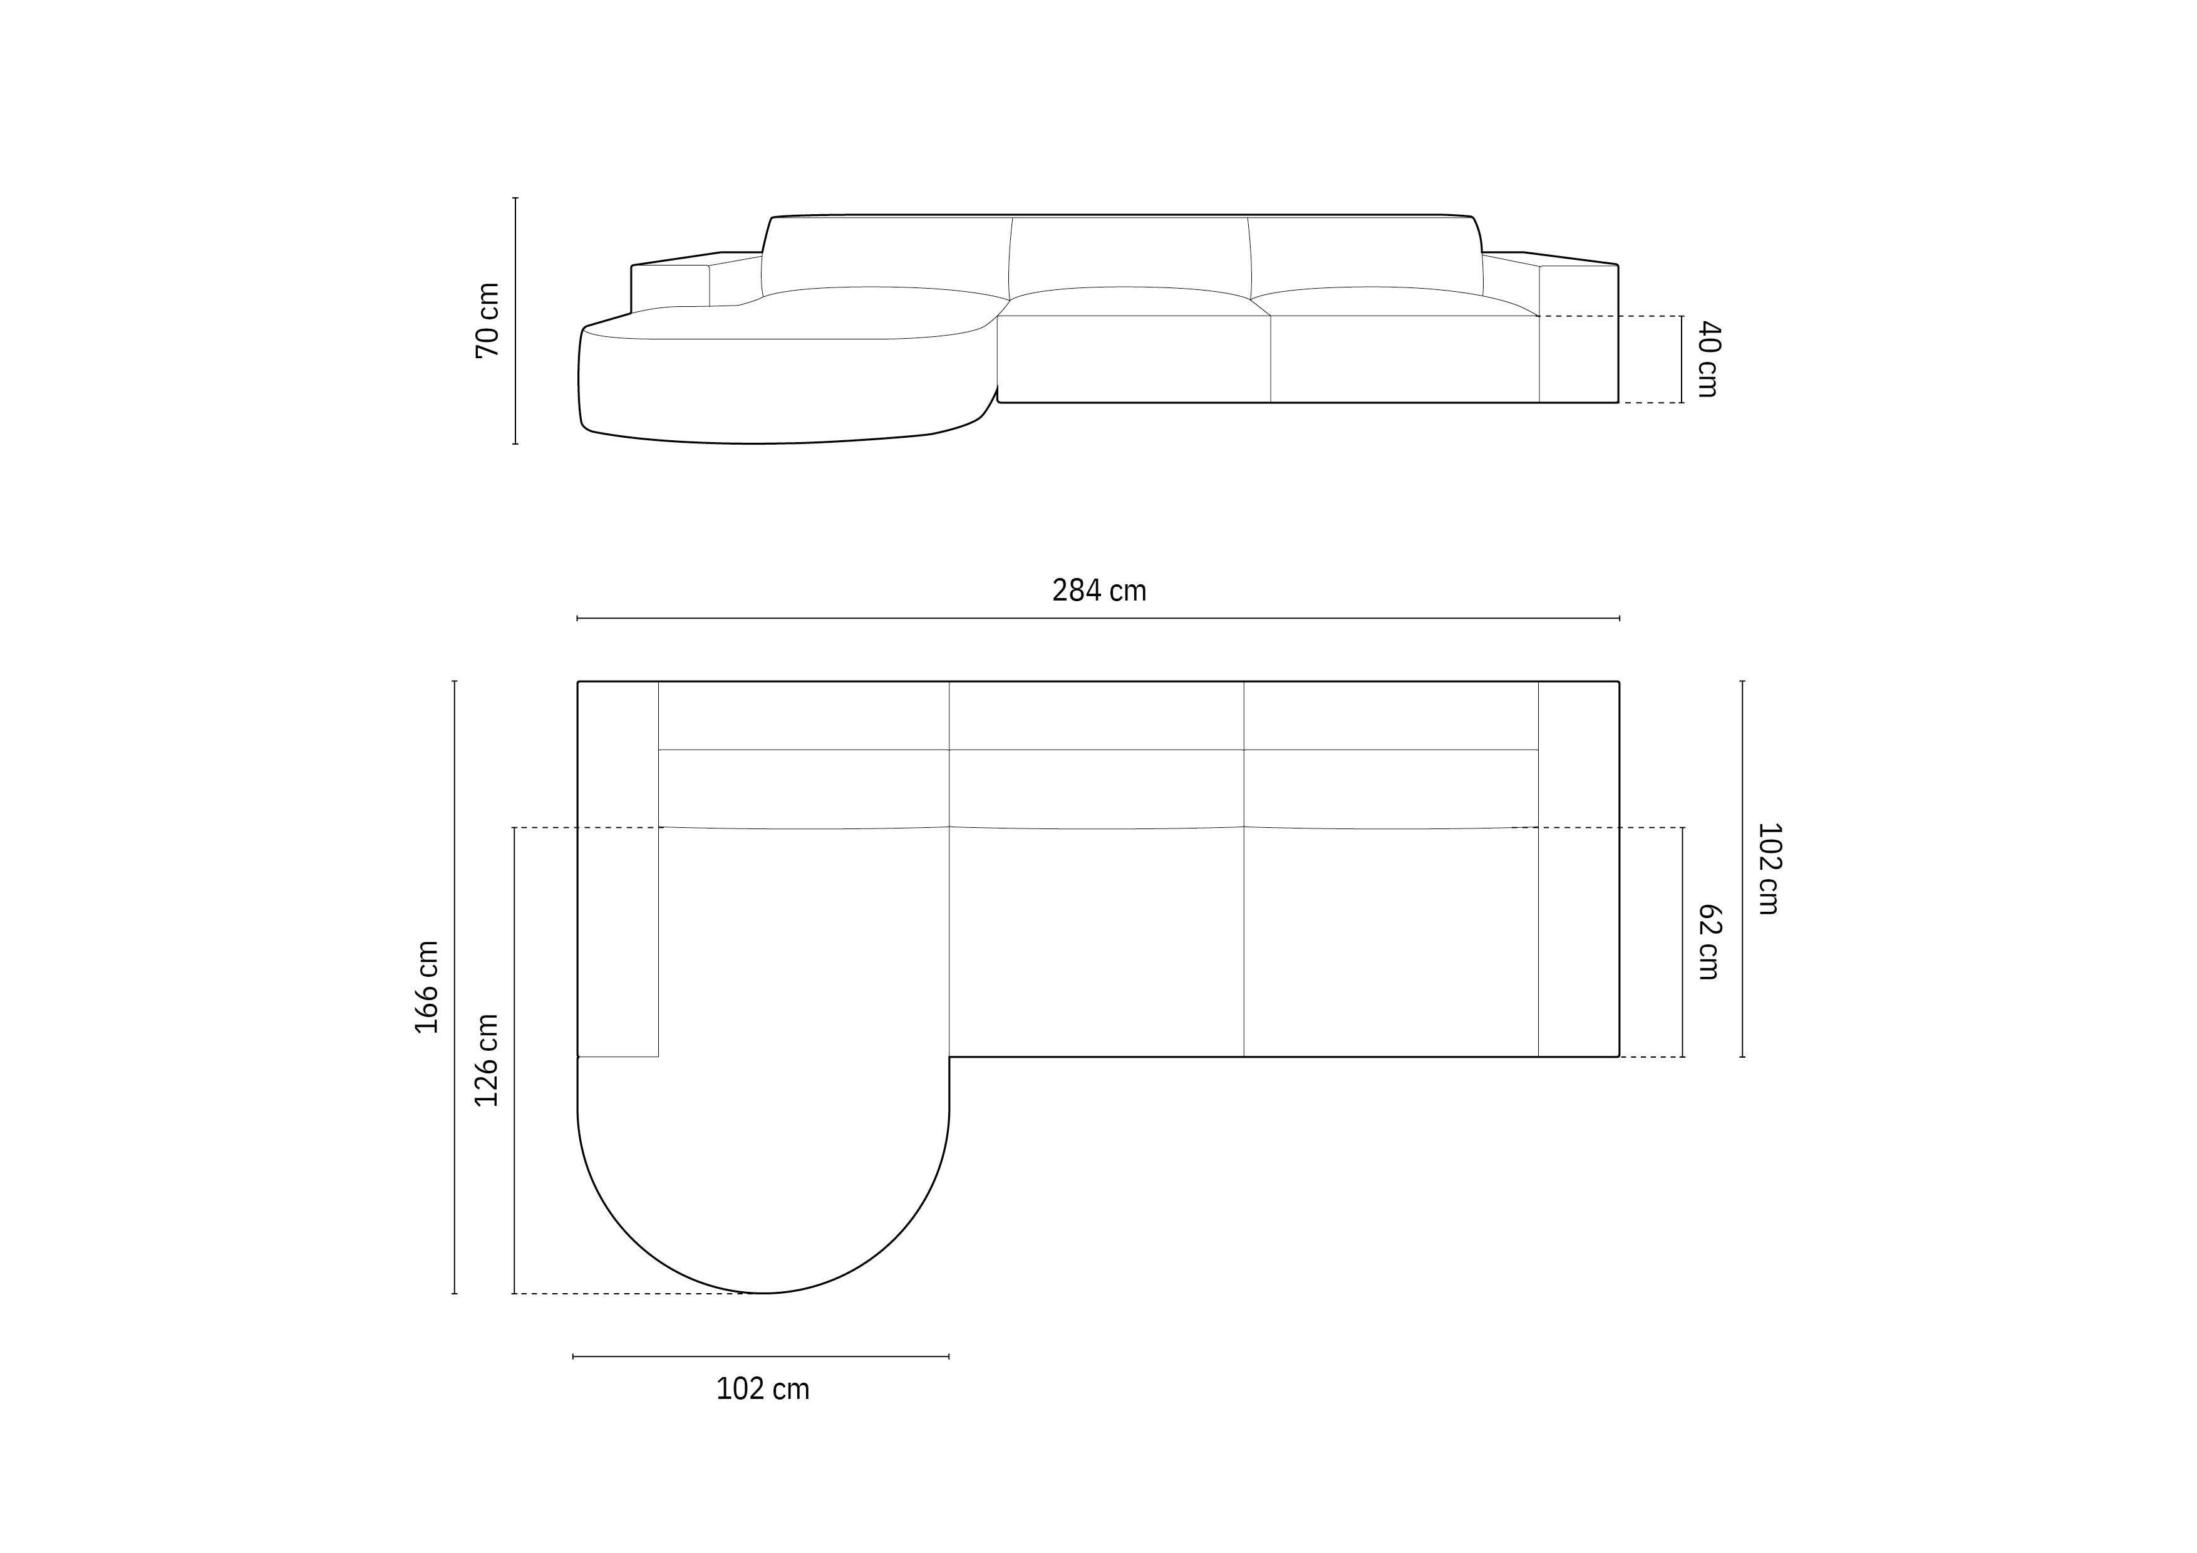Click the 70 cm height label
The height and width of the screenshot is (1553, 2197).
coord(487,321)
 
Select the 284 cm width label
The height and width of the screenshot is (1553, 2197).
coord(1098,591)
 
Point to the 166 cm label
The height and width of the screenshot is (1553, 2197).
coord(426,986)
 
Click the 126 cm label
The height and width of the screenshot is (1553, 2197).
coord(487,1060)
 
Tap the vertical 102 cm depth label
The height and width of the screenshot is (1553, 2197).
coord(1769,868)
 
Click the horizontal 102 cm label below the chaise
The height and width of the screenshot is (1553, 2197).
coord(763,1388)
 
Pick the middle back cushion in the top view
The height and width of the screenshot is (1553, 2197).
coord(1097,788)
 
